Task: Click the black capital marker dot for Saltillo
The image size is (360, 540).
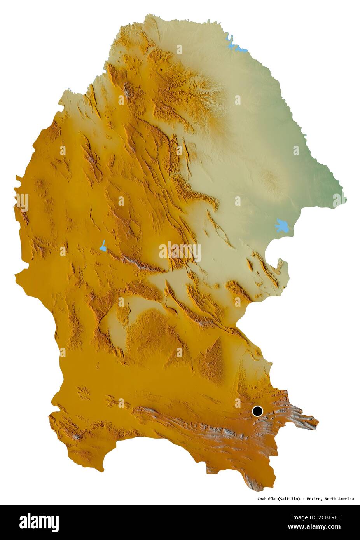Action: tap(257, 411)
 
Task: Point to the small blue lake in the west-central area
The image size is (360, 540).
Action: tap(103, 246)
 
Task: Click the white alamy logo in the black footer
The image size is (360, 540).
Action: tap(39, 523)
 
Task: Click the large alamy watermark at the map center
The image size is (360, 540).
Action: tap(180, 252)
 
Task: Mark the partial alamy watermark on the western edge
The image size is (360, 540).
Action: tap(21, 202)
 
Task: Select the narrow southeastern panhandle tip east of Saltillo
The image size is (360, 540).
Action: tap(316, 422)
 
